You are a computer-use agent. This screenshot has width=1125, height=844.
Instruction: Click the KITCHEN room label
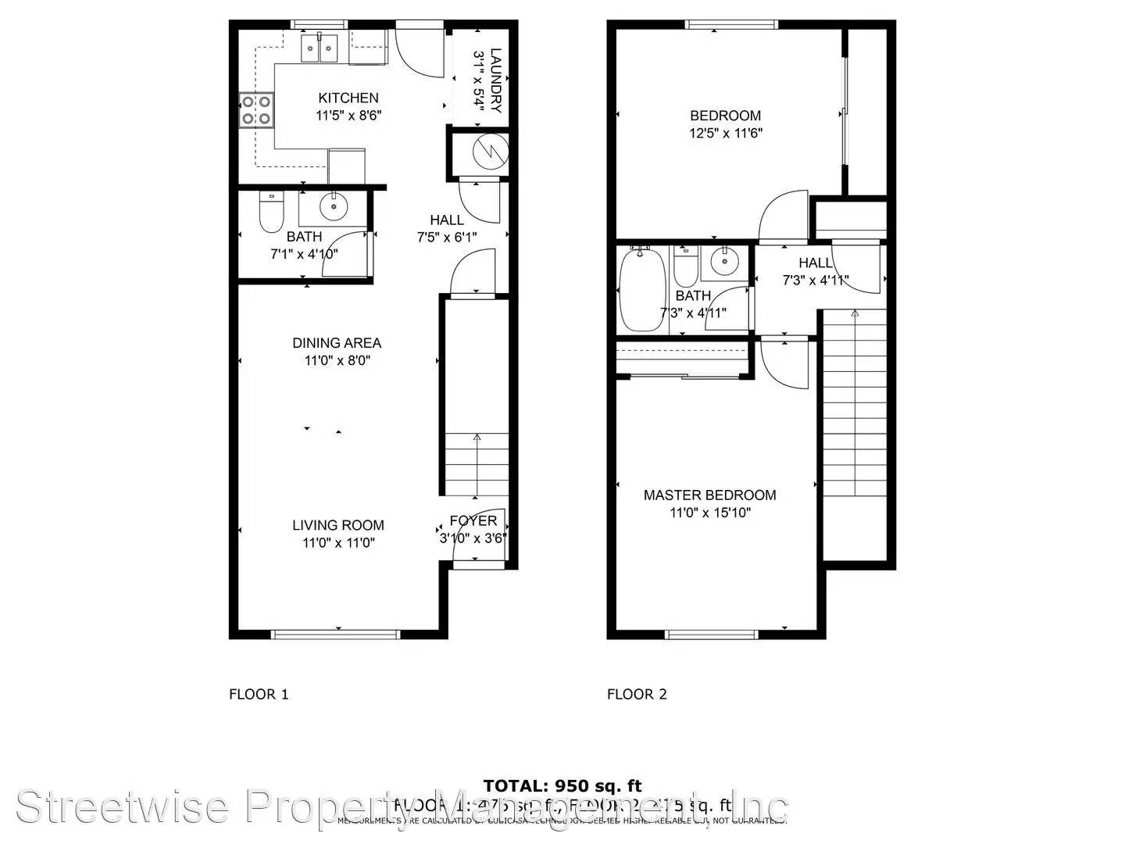pyautogui.click(x=348, y=98)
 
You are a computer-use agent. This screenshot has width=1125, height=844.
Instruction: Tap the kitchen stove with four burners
pyautogui.click(x=256, y=109)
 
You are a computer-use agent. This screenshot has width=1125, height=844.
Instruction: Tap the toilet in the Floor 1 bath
pyautogui.click(x=271, y=213)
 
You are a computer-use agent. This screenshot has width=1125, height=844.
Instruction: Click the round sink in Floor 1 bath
pyautogui.click(x=334, y=206)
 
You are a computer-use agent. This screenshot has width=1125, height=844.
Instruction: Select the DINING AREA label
pyautogui.click(x=337, y=343)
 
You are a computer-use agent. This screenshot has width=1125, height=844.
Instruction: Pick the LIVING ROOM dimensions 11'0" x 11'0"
pyautogui.click(x=338, y=543)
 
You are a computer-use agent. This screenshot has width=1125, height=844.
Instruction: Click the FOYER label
pyautogui.click(x=473, y=521)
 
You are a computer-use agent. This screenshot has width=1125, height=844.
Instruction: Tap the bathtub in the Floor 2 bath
pyautogui.click(x=642, y=290)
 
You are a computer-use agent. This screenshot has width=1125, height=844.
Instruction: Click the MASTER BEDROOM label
pyautogui.click(x=709, y=495)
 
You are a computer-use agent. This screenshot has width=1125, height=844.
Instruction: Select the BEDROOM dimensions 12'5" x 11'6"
pyautogui.click(x=726, y=134)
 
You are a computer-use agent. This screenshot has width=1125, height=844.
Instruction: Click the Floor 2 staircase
pyautogui.click(x=855, y=406)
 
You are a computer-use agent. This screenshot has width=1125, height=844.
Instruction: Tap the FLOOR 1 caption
pyautogui.click(x=259, y=694)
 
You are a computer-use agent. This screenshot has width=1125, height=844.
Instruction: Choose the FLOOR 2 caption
pyautogui.click(x=637, y=694)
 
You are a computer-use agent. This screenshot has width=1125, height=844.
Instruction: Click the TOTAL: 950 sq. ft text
pyautogui.click(x=562, y=785)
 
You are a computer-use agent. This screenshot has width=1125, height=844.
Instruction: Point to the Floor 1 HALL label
pyautogui.click(x=447, y=220)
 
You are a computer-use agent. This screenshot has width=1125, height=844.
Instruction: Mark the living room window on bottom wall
pyautogui.click(x=336, y=634)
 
